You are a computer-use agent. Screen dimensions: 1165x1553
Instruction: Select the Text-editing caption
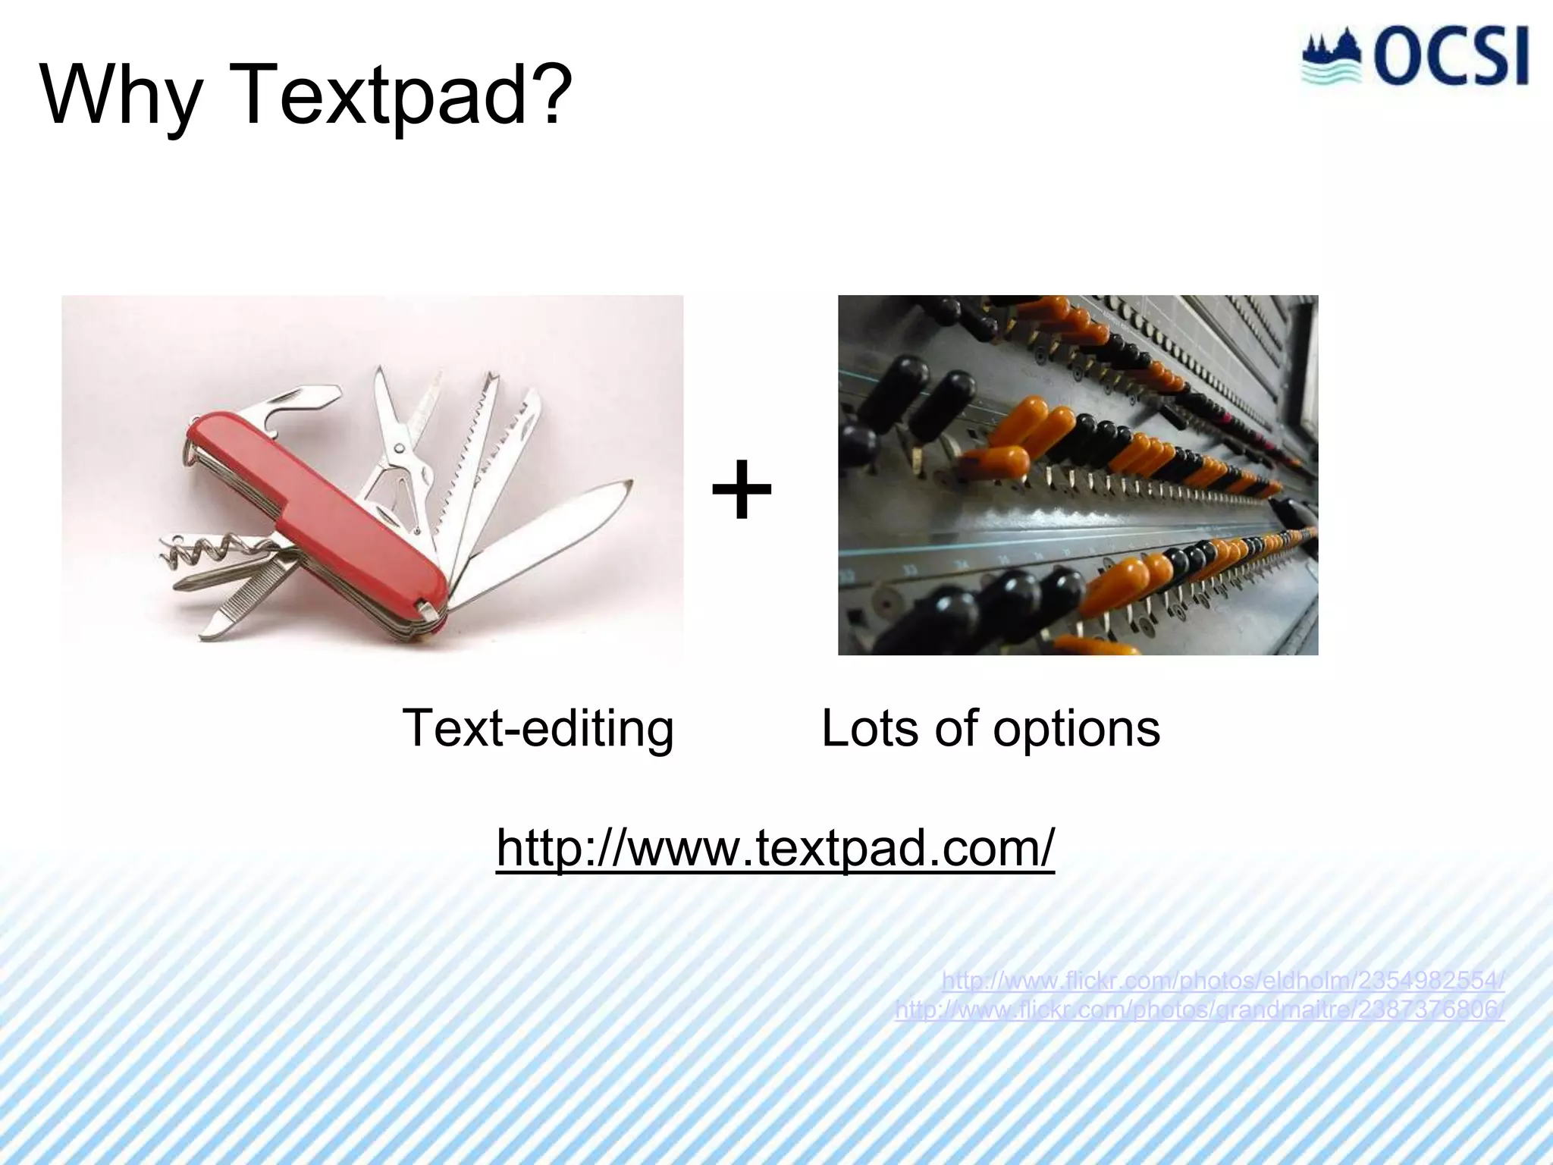point(537,728)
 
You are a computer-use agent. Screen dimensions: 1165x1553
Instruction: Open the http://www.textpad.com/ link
point(775,847)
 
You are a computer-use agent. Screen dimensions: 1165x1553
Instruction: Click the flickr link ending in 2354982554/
point(1222,981)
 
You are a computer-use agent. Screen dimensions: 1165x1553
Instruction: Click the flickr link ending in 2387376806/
point(1200,1010)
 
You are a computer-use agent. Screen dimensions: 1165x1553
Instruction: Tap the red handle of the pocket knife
point(318,516)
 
